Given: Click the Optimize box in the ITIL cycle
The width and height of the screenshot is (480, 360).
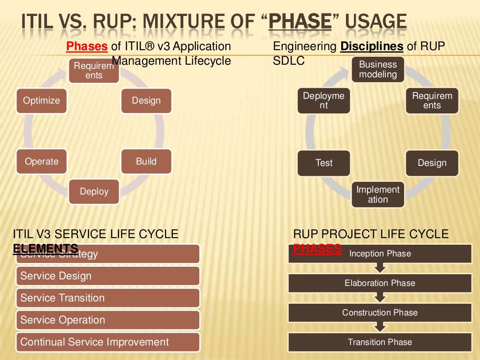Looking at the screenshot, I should click(x=42, y=101).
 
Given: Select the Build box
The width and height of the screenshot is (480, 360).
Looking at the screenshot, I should click(x=146, y=162).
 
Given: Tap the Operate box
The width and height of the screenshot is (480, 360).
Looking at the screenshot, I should click(x=42, y=162).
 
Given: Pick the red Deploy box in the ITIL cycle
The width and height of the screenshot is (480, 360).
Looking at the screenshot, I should click(x=94, y=192).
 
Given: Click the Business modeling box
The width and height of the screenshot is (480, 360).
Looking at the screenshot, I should click(x=378, y=69).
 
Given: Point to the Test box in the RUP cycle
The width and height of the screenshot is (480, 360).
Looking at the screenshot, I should click(x=324, y=163).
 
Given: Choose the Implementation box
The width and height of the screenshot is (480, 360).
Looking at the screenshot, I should click(x=378, y=195).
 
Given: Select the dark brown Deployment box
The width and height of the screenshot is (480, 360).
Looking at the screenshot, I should click(x=324, y=101).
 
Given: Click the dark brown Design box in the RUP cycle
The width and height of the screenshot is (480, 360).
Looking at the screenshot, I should click(x=432, y=163).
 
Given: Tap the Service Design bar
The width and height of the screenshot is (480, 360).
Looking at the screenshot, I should click(x=108, y=276).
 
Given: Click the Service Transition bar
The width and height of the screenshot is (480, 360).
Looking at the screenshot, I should click(x=108, y=298).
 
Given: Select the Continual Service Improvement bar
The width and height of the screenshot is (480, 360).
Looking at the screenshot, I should click(x=108, y=342).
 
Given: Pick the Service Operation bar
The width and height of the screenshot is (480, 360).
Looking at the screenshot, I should click(x=108, y=320).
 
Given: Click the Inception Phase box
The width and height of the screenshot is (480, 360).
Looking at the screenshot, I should click(x=380, y=254).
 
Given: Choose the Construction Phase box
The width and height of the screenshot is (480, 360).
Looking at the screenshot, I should click(x=380, y=313).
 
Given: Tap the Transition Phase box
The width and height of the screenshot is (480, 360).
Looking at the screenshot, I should click(x=380, y=342).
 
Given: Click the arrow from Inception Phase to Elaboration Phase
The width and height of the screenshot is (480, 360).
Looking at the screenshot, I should click(x=380, y=268).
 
